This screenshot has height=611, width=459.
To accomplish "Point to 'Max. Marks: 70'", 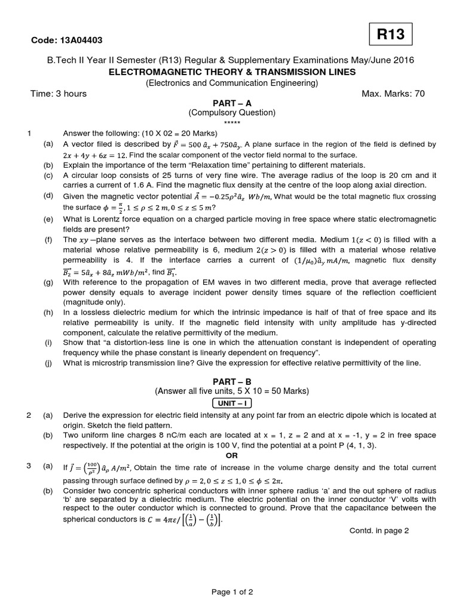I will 393,93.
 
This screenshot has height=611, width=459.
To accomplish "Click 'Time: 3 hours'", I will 59,93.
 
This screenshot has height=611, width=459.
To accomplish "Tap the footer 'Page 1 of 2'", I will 232,592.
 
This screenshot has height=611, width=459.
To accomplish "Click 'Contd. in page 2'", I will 379,531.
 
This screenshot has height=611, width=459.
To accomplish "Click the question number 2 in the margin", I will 29,415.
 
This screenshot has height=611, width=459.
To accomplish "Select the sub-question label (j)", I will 48,363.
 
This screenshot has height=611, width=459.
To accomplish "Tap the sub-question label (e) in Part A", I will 48,219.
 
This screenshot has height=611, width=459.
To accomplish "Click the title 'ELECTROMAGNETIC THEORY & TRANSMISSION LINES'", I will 232,72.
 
